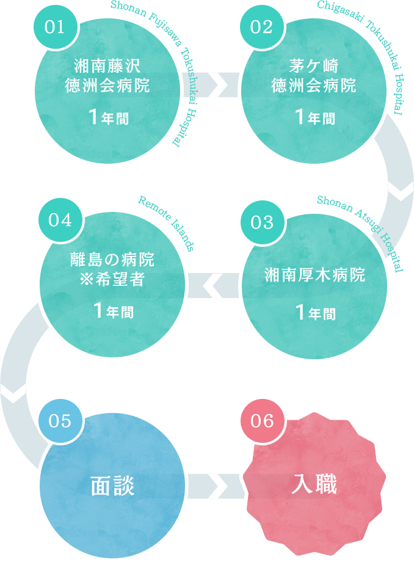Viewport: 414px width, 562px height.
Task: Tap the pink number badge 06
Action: coord(263,422)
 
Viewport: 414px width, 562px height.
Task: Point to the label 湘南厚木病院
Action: coord(313,274)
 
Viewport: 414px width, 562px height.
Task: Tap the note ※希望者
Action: coord(108,279)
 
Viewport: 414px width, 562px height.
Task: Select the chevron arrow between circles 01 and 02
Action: coord(218,87)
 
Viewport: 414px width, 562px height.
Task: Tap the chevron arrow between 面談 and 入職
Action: coord(218,487)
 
